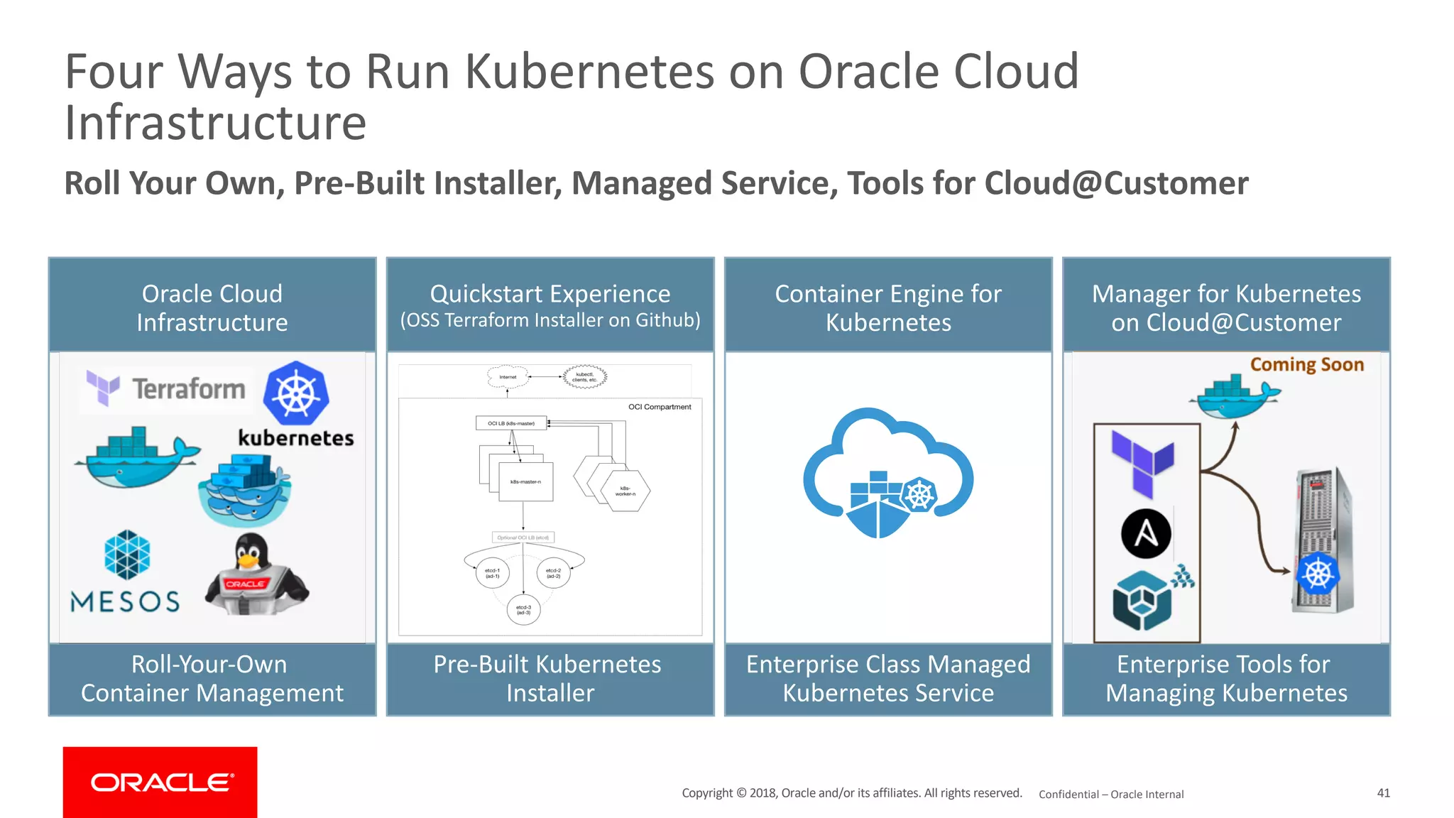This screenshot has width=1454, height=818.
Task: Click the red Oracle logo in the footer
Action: point(160,782)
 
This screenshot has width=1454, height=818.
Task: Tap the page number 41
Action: point(1383,792)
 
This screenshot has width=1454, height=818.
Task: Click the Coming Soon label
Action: point(1306,365)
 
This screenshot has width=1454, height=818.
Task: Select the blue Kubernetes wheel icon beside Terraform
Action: point(296,393)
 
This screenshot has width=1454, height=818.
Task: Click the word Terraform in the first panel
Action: point(188,389)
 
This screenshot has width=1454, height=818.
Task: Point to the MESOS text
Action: point(125,602)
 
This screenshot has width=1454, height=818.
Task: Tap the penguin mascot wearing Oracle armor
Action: point(255,576)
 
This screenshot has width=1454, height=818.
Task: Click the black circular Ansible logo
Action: point(1146,534)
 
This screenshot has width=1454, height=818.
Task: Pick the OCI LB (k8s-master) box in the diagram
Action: point(511,423)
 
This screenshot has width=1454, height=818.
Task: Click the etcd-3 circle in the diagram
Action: point(523,610)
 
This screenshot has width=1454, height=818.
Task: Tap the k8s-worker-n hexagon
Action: point(625,491)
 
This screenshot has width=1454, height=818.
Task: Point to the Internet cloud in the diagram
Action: point(508,377)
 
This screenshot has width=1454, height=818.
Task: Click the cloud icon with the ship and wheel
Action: point(887,472)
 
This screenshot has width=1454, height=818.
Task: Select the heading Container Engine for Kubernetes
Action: point(888,308)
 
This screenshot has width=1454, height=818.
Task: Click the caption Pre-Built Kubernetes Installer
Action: point(550,679)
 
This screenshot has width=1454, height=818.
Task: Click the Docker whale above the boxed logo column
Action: point(1235,398)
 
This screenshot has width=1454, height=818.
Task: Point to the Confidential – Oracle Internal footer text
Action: point(1111,795)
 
